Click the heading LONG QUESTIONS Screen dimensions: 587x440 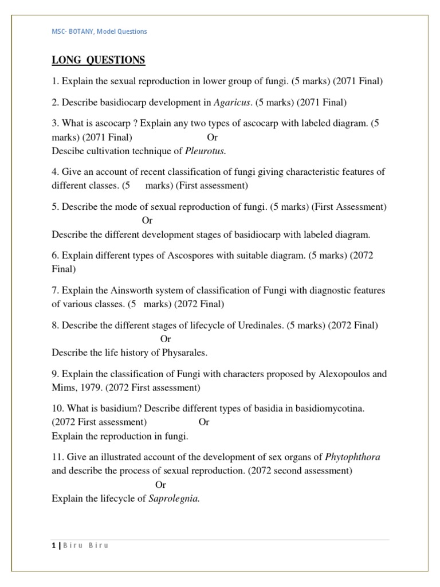[x=98, y=60]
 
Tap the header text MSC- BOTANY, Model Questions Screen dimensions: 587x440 [x=100, y=32]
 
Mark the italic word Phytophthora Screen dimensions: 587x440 [x=352, y=457]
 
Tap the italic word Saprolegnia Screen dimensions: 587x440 [x=174, y=499]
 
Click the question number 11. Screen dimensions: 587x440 [x=57, y=457]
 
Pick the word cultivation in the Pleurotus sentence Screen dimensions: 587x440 [x=104, y=151]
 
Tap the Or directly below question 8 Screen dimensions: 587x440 [x=166, y=339]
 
